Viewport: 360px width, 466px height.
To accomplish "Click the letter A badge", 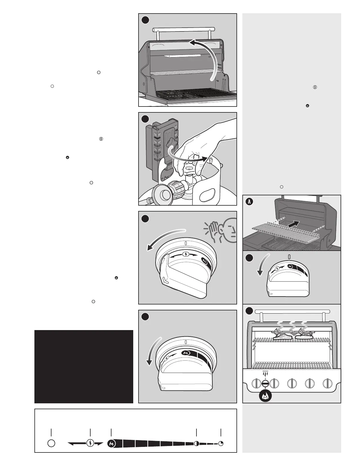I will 249,202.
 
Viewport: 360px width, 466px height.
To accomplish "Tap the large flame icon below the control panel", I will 265,396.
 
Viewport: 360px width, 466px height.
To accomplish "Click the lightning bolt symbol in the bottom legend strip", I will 90,443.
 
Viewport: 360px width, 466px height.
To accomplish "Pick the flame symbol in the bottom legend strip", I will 111,443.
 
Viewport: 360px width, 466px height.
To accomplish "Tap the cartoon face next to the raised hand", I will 229,230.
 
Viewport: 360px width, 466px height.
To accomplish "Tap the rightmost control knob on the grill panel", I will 327,383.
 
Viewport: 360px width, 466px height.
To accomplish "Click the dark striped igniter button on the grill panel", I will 265,383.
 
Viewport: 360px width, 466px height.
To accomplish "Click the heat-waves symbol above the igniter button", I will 265,374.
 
